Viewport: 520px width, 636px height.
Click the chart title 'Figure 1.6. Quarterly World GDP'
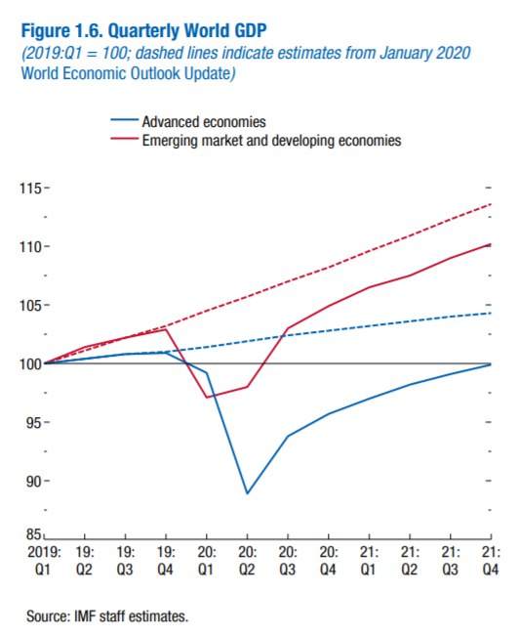coord(143,31)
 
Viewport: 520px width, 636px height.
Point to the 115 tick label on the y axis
coord(30,189)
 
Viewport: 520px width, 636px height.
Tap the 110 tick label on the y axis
coord(30,246)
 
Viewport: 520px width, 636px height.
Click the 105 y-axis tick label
coord(30,306)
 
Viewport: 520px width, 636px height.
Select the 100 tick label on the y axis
coord(30,363)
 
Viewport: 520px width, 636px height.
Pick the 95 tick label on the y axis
coord(34,423)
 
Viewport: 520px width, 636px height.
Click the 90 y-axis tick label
coord(34,481)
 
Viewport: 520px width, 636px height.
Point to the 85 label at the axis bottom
coord(34,534)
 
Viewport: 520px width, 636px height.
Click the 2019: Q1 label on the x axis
coord(44,561)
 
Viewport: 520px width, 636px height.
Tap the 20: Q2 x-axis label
coord(247,561)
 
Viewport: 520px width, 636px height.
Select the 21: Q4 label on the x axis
coord(491,561)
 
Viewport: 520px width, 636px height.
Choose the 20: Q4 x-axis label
coord(328,561)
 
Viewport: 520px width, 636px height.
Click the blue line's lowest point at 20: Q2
coord(247,493)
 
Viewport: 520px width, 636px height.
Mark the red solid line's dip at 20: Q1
coord(207,397)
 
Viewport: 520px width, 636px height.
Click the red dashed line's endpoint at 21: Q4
coord(491,204)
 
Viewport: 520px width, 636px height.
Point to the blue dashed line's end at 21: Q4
coord(491,313)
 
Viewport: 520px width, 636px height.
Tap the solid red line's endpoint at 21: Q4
coord(491,244)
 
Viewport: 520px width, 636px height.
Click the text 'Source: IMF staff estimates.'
coord(107,616)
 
